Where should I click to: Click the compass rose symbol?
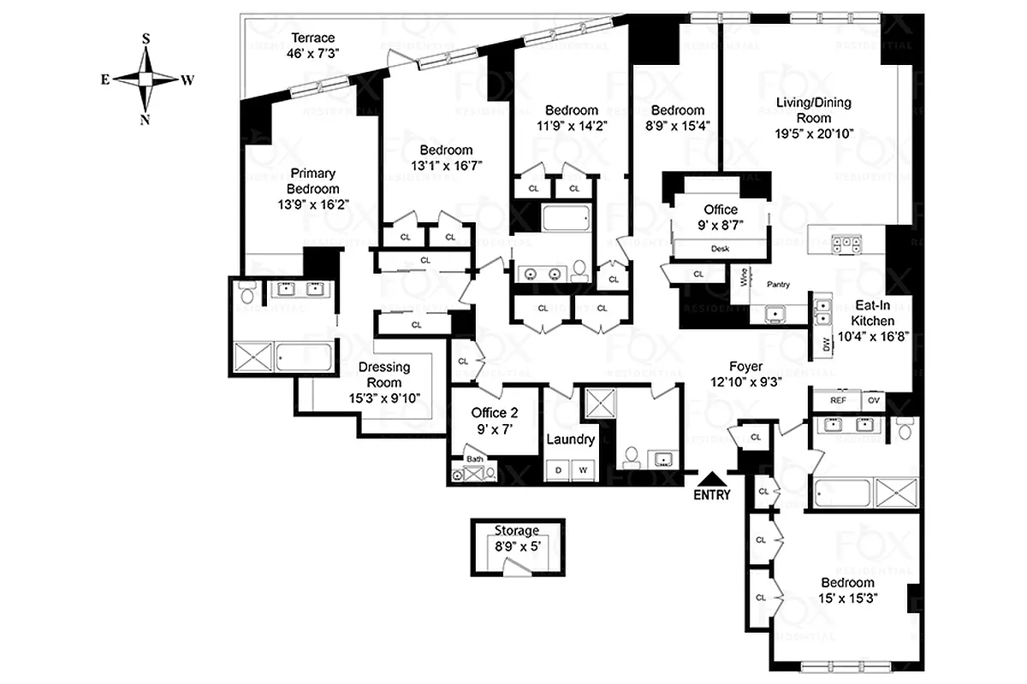[146, 79]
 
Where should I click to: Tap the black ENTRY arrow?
[712, 477]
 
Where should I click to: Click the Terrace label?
[312, 38]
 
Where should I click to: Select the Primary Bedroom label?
[312, 181]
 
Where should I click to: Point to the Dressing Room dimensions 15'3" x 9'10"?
[384, 398]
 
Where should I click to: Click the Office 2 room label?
[495, 413]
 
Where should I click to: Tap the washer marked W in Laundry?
[584, 470]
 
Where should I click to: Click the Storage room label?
[516, 530]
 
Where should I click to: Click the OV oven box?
[874, 399]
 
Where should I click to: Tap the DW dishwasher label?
[827, 345]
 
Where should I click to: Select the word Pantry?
[778, 285]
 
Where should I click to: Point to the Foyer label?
[745, 367]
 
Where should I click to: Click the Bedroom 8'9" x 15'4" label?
[677, 110]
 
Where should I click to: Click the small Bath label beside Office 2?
[474, 458]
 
